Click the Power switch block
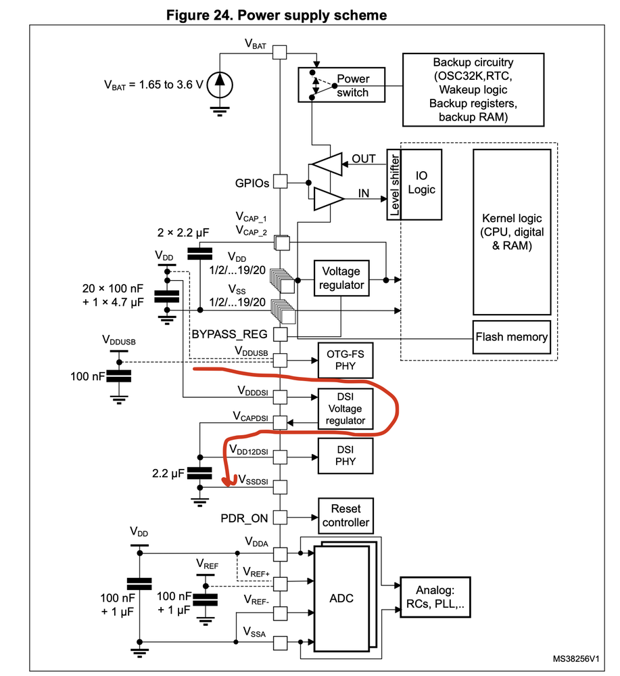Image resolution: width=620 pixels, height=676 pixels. pos(341,85)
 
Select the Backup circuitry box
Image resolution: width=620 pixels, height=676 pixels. pos(473,90)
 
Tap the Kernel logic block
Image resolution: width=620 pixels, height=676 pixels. pos(512,232)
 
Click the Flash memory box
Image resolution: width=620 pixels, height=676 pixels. pos(511,337)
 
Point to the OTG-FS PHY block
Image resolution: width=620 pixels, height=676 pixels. pos(345,360)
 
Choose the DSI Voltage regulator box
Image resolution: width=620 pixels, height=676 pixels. pos(345,408)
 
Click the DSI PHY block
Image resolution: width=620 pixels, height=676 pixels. pos(345,455)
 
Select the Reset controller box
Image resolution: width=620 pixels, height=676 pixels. pos(345,516)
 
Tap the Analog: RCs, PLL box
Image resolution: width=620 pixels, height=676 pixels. pos(435,597)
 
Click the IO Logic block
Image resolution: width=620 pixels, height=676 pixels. pos(421,185)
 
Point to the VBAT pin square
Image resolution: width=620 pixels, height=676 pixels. pos(280,52)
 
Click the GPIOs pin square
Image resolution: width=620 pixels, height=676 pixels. pos(280,181)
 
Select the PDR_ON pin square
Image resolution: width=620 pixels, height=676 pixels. pos(280,517)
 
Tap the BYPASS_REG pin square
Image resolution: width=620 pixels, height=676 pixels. pos(280,334)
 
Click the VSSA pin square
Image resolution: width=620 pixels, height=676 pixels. pos(280,643)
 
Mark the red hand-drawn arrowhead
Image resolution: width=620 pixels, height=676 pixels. pos(229,480)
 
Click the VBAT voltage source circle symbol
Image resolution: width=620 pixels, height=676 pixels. pos(220,85)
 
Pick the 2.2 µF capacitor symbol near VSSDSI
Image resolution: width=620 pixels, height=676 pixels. pos(199,473)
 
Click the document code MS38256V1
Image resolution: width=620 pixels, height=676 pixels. pos(575,659)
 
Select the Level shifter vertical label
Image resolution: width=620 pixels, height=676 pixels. pos(394,185)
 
